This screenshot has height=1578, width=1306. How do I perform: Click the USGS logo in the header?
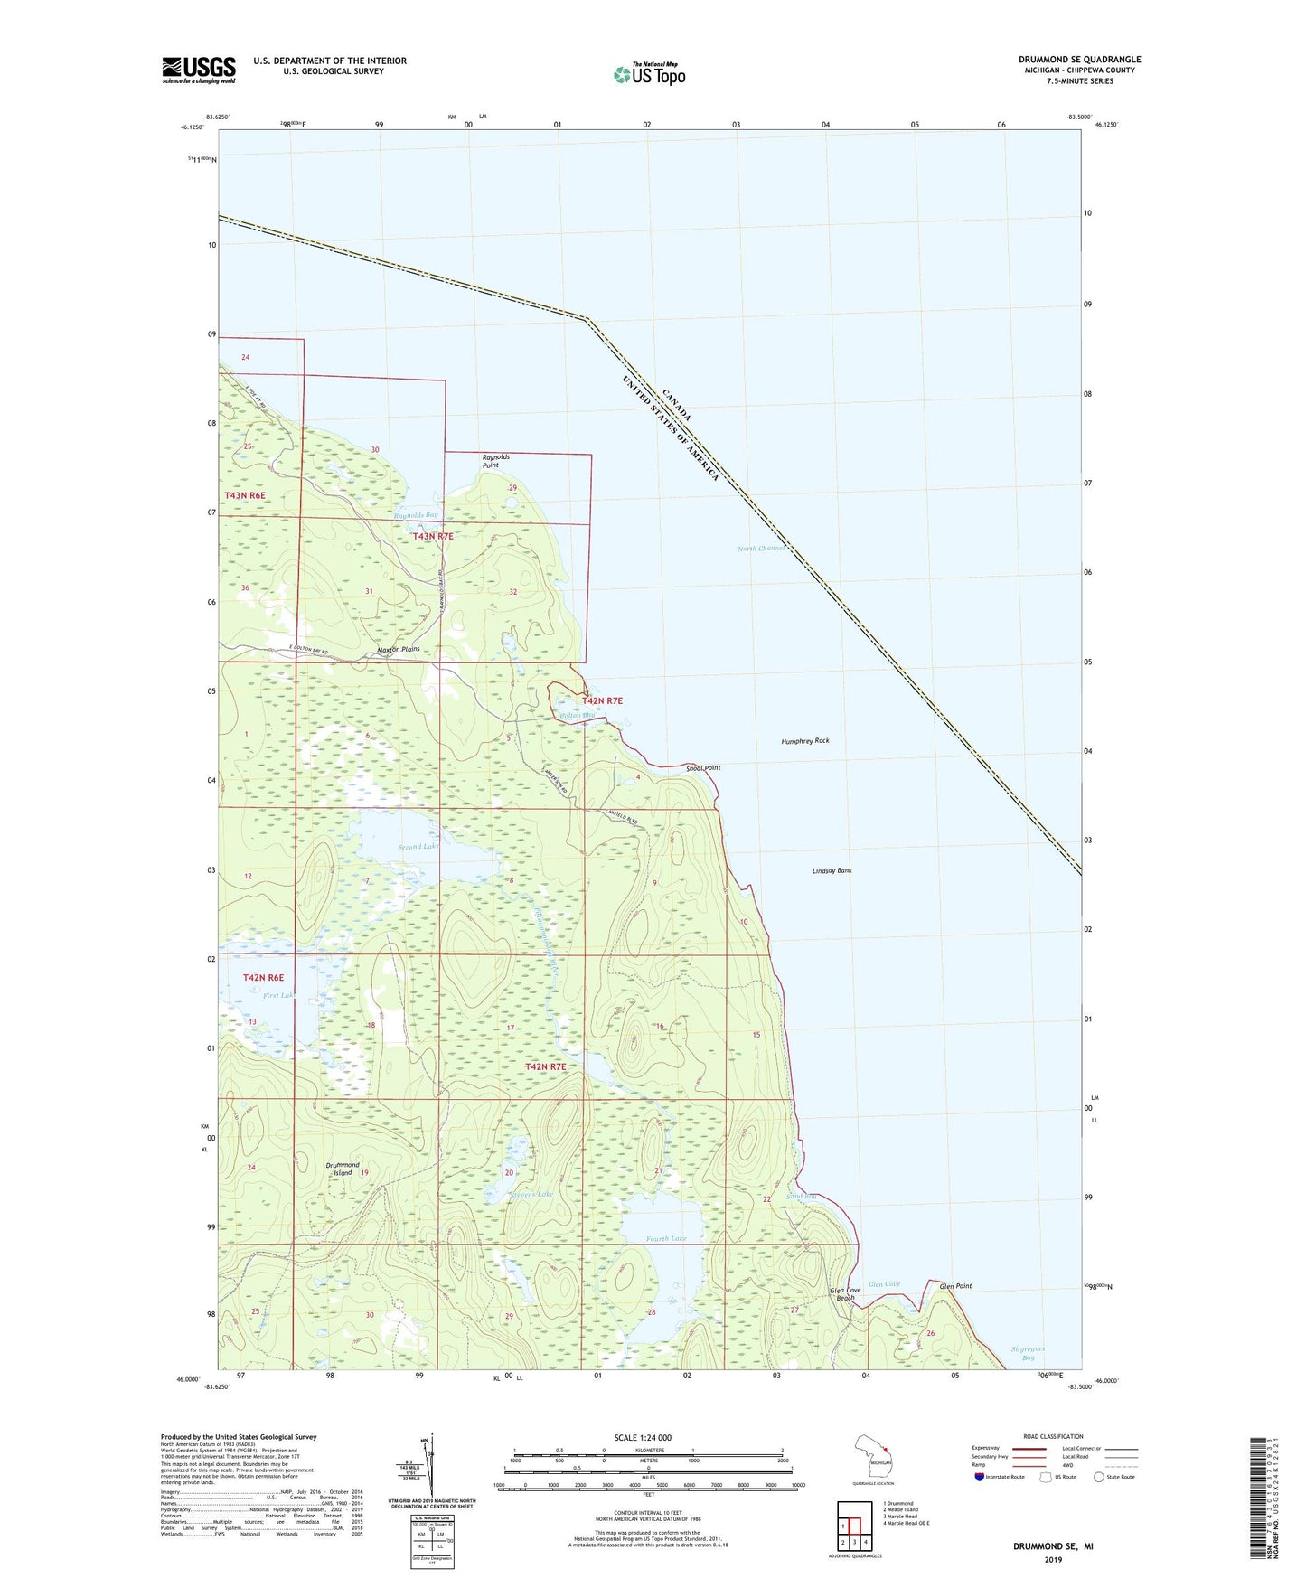(198, 70)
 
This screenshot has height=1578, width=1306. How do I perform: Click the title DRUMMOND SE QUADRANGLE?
(1079, 60)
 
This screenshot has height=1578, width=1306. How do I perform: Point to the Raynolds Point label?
(495, 461)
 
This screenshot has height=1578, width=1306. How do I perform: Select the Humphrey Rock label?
(804, 741)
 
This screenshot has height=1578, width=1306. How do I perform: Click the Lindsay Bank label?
(832, 871)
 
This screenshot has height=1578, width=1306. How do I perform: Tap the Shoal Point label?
(703, 768)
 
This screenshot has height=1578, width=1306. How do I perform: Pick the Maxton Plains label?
(398, 650)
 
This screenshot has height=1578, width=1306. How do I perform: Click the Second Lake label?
(418, 847)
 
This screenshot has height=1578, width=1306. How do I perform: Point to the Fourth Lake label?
(666, 1239)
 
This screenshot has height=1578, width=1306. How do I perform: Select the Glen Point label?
(955, 1286)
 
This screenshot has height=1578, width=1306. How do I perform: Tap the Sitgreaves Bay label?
(1028, 1353)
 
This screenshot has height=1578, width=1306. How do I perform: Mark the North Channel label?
(761, 549)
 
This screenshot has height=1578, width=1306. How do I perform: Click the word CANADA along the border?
(677, 406)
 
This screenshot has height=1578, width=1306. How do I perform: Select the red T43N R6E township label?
(245, 495)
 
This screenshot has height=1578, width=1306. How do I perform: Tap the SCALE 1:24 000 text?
(643, 1438)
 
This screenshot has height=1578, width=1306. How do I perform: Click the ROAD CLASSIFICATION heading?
(1054, 1436)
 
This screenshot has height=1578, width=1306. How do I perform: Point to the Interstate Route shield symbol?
(979, 1477)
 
